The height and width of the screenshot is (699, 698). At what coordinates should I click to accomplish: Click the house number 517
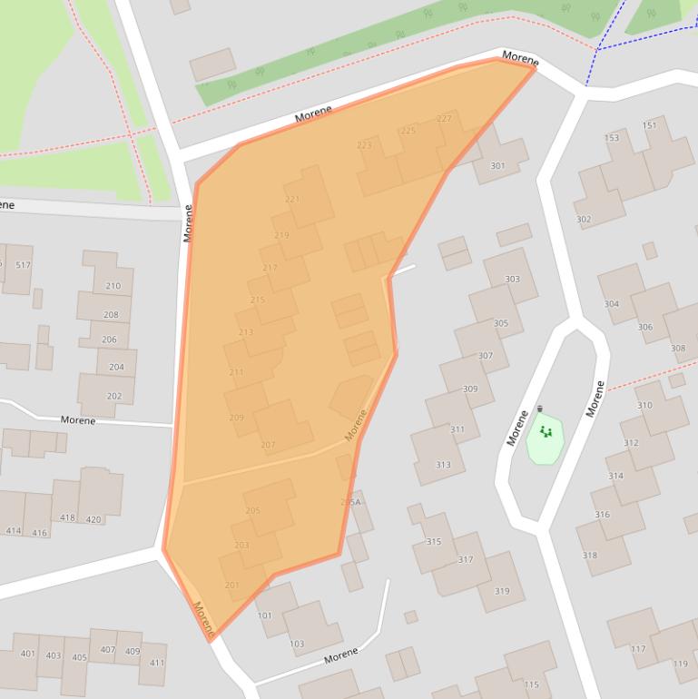click(23, 265)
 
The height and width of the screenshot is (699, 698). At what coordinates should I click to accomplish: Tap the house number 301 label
click(497, 166)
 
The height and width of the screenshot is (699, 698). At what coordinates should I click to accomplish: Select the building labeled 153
click(612, 138)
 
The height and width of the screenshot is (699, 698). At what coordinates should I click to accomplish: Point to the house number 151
click(649, 125)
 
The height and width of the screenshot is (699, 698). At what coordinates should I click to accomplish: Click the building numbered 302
click(583, 220)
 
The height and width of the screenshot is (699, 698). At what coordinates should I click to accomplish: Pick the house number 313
click(443, 465)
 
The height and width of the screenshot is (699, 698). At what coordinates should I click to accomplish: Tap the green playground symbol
click(546, 431)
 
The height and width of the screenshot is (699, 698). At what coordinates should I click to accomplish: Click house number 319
click(502, 591)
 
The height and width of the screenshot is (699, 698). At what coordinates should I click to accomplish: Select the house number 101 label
click(265, 615)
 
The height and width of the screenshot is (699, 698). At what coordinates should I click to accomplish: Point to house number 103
click(297, 644)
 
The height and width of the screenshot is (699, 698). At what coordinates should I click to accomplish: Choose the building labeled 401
click(28, 654)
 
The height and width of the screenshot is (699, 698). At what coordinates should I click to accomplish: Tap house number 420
click(93, 519)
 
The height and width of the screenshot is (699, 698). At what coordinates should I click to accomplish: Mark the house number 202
click(114, 396)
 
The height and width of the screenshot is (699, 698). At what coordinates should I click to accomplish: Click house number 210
click(113, 286)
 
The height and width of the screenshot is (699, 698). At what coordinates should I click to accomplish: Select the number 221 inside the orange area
click(292, 199)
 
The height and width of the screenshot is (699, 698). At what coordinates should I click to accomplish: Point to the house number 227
click(444, 119)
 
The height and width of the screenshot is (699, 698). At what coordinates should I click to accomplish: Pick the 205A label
click(350, 502)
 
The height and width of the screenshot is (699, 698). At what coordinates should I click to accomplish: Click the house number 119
click(681, 664)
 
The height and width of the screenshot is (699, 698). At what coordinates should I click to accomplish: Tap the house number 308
click(678, 348)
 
